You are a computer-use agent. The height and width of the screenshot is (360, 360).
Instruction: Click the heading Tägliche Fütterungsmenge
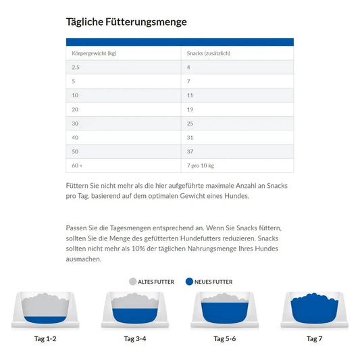tap(126, 22)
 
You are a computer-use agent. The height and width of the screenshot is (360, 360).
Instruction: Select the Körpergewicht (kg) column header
tap(94, 53)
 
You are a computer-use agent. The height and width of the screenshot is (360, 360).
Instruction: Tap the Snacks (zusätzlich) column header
tap(209, 53)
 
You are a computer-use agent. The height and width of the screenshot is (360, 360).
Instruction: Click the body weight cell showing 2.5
tap(76, 68)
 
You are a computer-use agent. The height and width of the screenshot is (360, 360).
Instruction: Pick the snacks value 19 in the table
tap(190, 109)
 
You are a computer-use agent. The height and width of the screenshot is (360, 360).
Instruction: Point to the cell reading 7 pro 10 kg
tap(201, 165)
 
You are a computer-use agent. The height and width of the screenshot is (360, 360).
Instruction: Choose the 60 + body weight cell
tap(77, 165)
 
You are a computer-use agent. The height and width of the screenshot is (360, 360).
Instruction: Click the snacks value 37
tap(190, 151)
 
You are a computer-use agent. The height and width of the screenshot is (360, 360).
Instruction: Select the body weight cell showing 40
tap(75, 138)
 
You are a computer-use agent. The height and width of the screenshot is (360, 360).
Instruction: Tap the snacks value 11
tap(190, 95)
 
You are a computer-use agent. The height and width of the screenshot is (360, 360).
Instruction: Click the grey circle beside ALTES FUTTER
tap(132, 282)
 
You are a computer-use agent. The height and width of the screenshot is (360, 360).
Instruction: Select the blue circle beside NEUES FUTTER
tap(189, 282)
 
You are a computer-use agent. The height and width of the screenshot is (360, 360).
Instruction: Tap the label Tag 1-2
tap(45, 338)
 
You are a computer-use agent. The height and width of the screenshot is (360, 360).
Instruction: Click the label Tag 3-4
tap(135, 338)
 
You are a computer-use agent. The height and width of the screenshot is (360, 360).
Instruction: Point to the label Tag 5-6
tap(225, 338)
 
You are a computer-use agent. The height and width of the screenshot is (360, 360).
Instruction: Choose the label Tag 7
tap(314, 338)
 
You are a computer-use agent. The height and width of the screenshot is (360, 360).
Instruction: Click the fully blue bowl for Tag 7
tap(315, 309)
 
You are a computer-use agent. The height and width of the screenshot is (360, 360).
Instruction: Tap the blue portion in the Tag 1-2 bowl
tap(45, 320)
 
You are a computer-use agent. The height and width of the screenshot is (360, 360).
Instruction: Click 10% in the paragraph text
tap(138, 249)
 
